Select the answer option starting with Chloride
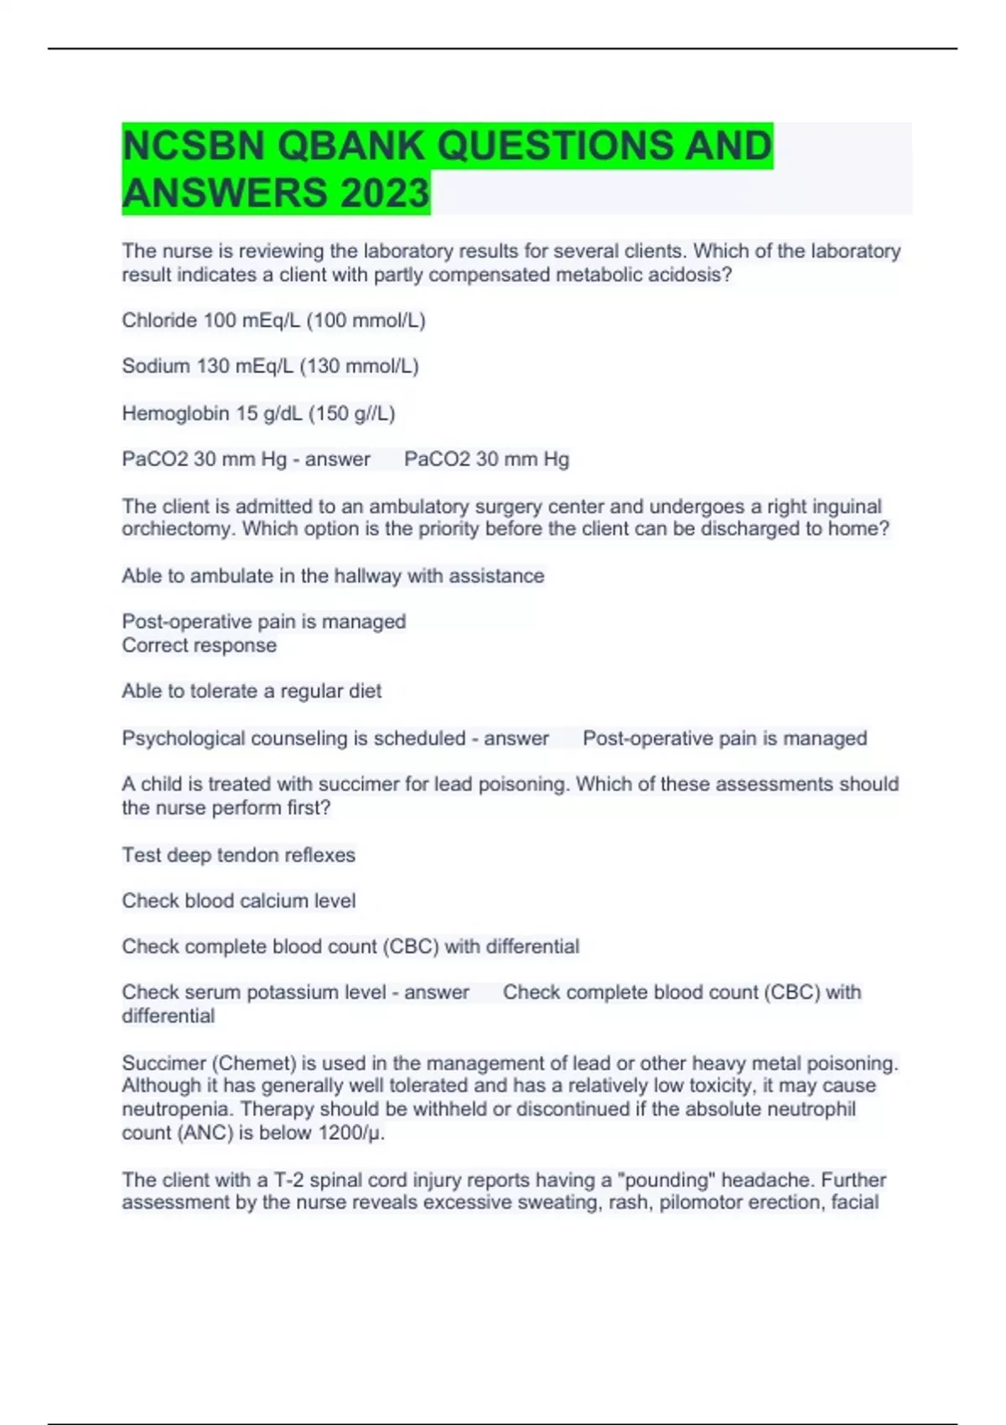pos(273,320)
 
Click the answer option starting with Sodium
pos(270,366)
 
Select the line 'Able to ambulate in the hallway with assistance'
pos(333,576)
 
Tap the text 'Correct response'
pos(199,645)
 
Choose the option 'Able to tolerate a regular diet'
pos(251,692)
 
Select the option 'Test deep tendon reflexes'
pos(238,855)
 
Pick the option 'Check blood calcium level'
pos(238,901)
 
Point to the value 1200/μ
pos(350,1133)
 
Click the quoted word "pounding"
pos(666,1180)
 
